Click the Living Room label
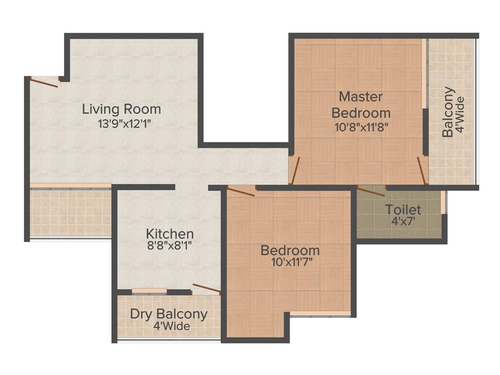121,108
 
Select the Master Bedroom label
361,104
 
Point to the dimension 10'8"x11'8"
361,128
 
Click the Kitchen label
170,233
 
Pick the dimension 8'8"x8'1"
170,246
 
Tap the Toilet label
403,210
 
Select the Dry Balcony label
168,314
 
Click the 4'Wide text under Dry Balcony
171,327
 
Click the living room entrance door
44,83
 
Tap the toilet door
372,191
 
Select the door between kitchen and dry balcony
207,288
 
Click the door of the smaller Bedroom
241,191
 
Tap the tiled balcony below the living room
70,212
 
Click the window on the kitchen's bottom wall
149,292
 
